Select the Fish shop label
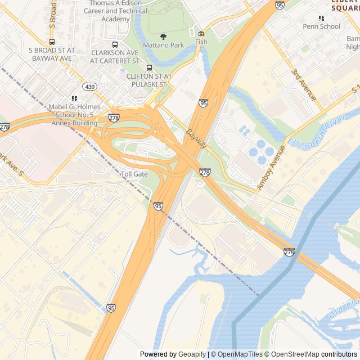201,42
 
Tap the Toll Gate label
134,174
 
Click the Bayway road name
197,139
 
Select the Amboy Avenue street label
268,167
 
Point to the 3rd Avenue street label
304,85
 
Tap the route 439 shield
89,87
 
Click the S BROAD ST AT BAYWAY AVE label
51,54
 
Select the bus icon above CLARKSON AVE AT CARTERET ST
115,44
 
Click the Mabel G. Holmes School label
74,115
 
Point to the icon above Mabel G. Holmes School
74,98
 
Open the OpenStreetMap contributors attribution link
319,354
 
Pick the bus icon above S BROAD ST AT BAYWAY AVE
52,42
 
